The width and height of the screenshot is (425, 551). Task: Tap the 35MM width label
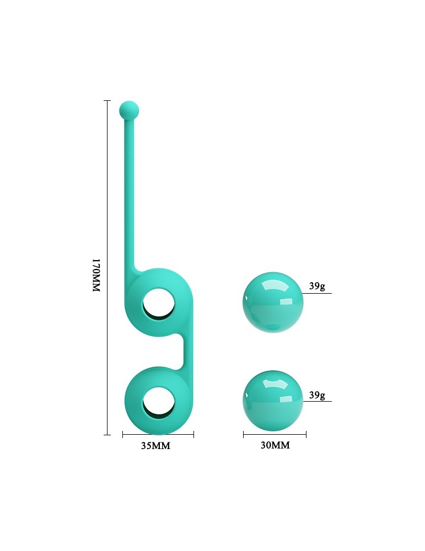[155, 446]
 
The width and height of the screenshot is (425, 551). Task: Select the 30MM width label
[275, 445]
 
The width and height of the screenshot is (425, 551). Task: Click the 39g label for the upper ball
[317, 286]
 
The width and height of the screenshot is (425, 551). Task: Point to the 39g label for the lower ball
[317, 395]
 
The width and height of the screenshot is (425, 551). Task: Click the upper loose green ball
[273, 302]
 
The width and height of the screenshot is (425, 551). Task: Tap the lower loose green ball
[272, 401]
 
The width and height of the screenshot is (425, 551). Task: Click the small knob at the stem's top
[129, 110]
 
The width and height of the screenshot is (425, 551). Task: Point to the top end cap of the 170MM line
[107, 101]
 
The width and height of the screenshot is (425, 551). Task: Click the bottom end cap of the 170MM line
[107, 435]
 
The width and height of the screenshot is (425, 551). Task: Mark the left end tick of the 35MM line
[122, 435]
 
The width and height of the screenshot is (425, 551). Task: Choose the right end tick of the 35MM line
[193, 435]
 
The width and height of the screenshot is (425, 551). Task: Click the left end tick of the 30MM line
[243, 435]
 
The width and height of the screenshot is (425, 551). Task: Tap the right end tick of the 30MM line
[306, 435]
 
